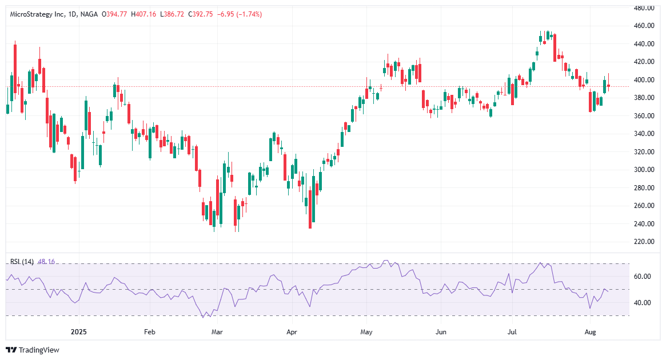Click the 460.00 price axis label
(645, 26)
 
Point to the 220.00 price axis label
(645, 242)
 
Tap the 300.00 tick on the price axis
(645, 170)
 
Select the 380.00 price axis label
(645, 98)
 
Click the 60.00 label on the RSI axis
(643, 277)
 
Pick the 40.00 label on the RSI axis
(643, 303)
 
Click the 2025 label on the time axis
(77, 331)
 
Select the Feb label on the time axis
(149, 331)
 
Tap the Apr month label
(292, 331)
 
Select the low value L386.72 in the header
(173, 14)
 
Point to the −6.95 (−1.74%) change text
(240, 14)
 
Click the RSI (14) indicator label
(22, 262)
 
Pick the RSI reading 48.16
(46, 262)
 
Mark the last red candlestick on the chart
(609, 86)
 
